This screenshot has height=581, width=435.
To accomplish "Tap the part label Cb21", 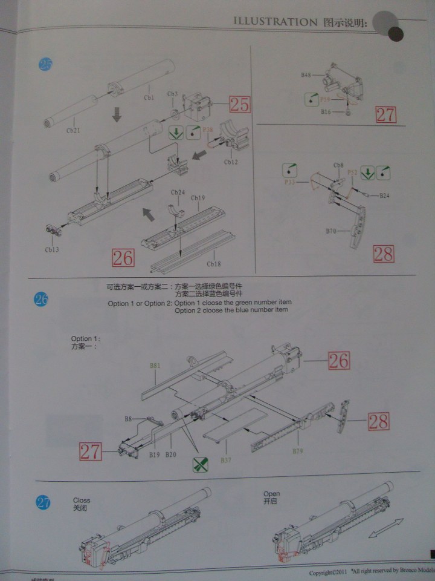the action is click(72, 130).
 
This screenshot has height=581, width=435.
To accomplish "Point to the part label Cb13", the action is click(53, 249).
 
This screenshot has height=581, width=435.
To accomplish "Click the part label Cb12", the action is click(231, 162).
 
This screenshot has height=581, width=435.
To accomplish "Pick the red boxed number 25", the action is click(239, 104).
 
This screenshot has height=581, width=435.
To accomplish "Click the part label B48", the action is click(306, 75).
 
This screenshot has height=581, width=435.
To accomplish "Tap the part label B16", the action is click(326, 113).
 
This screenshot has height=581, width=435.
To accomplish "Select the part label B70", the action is click(331, 231).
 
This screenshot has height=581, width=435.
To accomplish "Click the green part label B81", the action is click(155, 366).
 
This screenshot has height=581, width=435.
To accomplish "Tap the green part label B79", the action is click(297, 451).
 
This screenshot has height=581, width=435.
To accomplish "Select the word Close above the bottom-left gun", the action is click(82, 501).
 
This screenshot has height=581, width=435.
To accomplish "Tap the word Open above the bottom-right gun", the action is click(271, 494).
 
